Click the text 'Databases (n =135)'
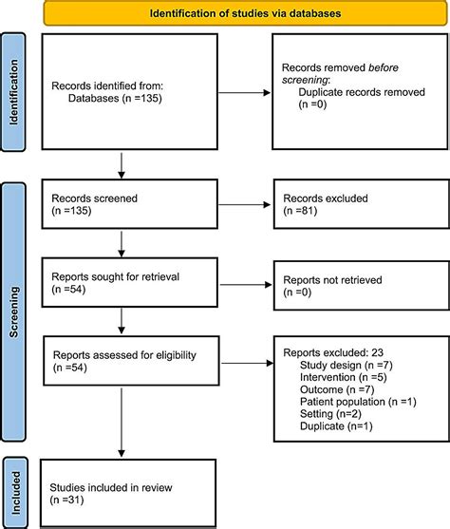(x=118, y=96)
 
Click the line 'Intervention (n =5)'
(x=341, y=377)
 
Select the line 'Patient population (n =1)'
(x=358, y=402)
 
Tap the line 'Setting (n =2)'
(x=330, y=414)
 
